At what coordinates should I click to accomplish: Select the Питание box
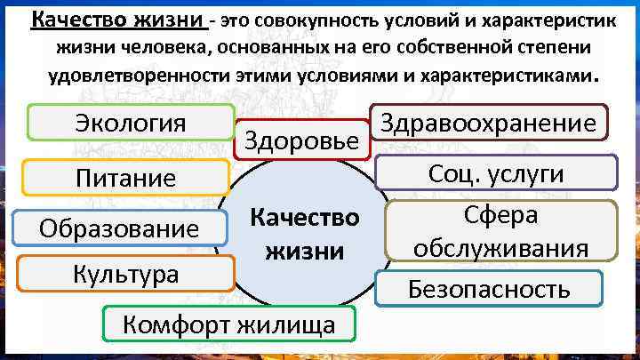[x=125, y=178]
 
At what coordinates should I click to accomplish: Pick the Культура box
[x=125, y=273]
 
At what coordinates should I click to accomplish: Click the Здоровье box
[x=301, y=140]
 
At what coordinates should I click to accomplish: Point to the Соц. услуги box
[x=495, y=174]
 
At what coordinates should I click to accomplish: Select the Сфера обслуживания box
[x=500, y=232]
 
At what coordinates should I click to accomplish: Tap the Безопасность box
[x=488, y=288]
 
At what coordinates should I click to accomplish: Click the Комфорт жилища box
[x=229, y=324]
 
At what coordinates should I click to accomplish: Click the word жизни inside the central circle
[x=303, y=251]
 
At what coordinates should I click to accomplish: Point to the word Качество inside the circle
[x=303, y=218]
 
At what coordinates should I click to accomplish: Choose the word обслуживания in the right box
[x=500, y=248]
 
